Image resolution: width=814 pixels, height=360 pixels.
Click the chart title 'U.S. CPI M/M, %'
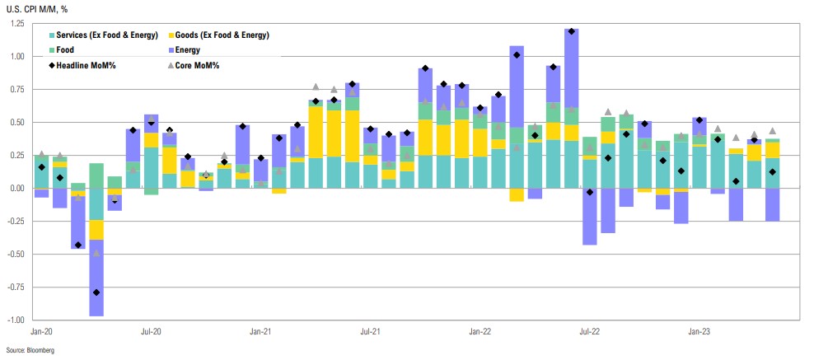[34, 8]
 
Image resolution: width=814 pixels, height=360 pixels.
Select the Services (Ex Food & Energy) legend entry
[103, 35]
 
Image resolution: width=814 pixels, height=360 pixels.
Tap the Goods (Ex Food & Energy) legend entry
[222, 35]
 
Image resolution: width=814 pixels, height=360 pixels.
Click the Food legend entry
[65, 50]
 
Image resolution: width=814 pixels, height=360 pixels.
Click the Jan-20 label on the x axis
[41, 331]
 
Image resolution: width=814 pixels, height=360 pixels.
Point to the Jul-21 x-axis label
[370, 331]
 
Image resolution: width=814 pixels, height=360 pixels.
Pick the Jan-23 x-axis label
[699, 331]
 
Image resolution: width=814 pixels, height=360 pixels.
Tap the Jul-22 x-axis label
[589, 331]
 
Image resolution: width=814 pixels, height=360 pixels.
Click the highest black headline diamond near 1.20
[570, 31]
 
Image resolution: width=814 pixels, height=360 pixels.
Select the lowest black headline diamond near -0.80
[96, 292]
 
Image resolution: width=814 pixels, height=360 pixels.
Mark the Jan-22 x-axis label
[480, 331]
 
